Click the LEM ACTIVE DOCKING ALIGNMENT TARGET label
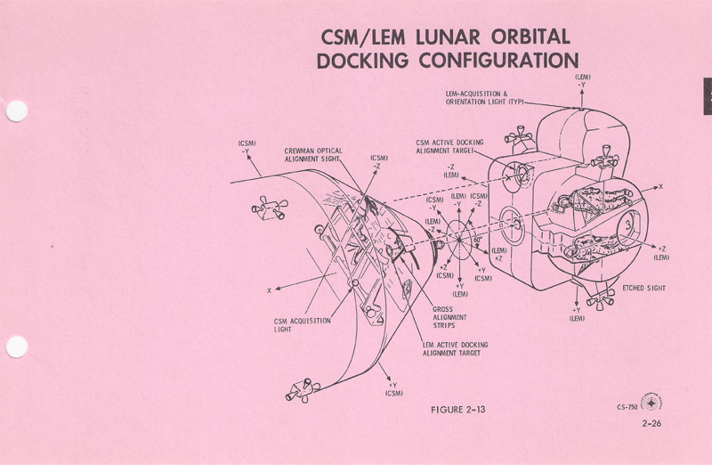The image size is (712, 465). point(455,348)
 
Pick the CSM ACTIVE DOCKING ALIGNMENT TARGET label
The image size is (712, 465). point(449,146)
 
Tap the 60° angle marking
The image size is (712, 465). point(477,241)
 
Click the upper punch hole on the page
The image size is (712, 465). point(16,112)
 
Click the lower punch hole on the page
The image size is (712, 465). point(16,347)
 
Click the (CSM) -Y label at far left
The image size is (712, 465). point(247,147)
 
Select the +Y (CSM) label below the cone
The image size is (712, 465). point(393,388)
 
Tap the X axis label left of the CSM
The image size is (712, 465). point(268,290)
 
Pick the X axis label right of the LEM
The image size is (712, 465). point(659,186)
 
